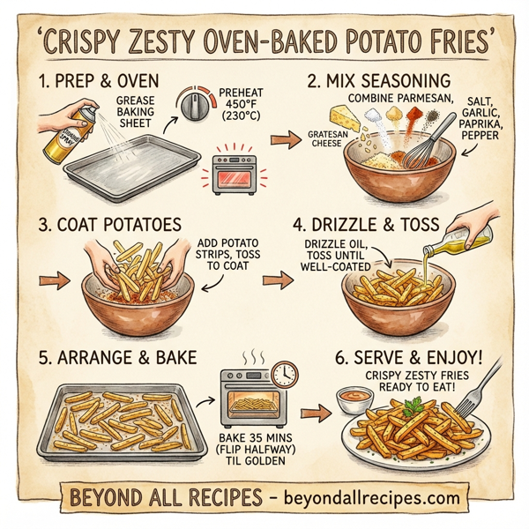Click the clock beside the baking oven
pos(285,375)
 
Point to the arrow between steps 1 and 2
pos(282,140)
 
